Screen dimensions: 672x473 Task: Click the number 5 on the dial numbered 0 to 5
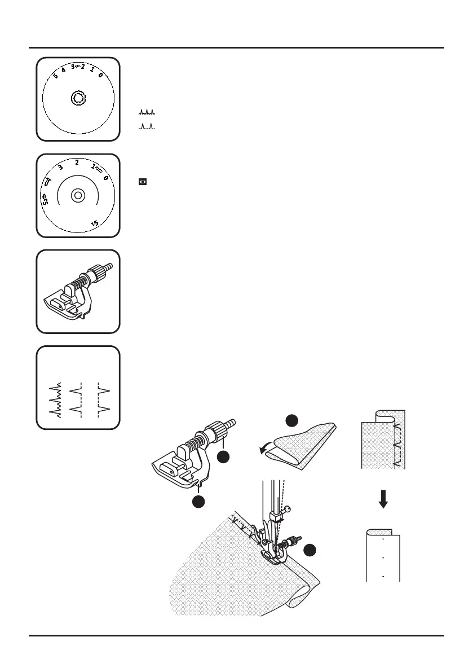click(56, 76)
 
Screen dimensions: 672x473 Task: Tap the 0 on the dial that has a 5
click(100, 75)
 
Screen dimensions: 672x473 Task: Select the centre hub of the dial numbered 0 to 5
click(78, 99)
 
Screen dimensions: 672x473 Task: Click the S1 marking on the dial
click(95, 224)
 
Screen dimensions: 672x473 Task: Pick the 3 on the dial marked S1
click(60, 168)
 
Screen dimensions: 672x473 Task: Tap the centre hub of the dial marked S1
click(78, 196)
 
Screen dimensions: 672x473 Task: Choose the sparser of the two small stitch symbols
click(147, 126)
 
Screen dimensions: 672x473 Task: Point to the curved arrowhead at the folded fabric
click(260, 450)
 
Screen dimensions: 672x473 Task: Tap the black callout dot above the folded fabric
click(291, 421)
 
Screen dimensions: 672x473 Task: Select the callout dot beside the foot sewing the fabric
click(310, 550)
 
